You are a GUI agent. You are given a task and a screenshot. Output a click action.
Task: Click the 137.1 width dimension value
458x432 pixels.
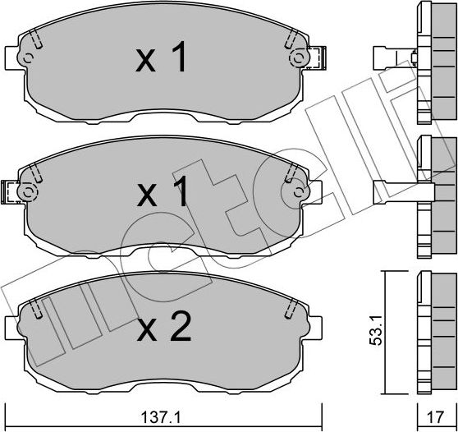(160, 417)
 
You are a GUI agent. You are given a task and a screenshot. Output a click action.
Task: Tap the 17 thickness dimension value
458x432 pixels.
(435, 416)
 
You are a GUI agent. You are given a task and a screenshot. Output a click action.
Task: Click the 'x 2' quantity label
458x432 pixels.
(164, 326)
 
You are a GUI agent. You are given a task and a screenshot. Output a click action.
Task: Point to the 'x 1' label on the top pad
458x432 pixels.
(161, 57)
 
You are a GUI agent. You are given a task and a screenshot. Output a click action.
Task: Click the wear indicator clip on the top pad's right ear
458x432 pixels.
(316, 58)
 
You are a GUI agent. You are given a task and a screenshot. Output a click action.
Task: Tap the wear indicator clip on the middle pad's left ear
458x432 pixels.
(10, 192)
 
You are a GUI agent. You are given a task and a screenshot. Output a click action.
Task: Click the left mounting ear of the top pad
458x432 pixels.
(14, 57)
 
